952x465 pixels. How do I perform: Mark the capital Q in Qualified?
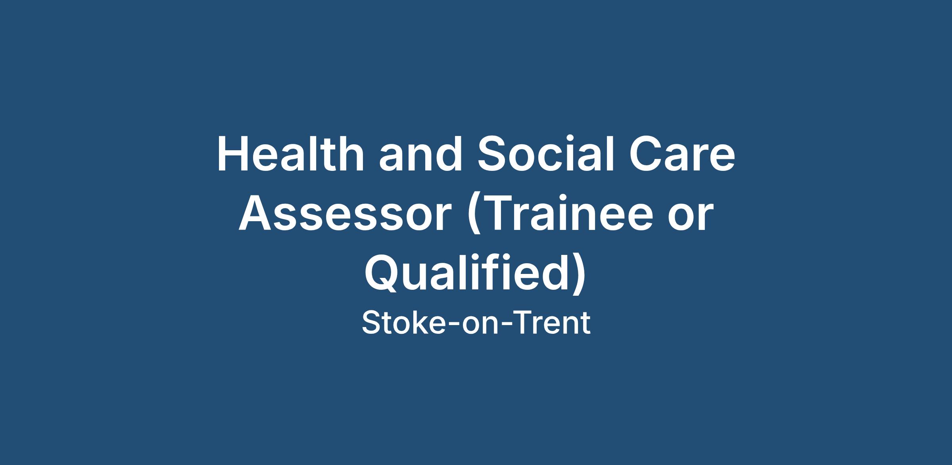click(382, 274)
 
